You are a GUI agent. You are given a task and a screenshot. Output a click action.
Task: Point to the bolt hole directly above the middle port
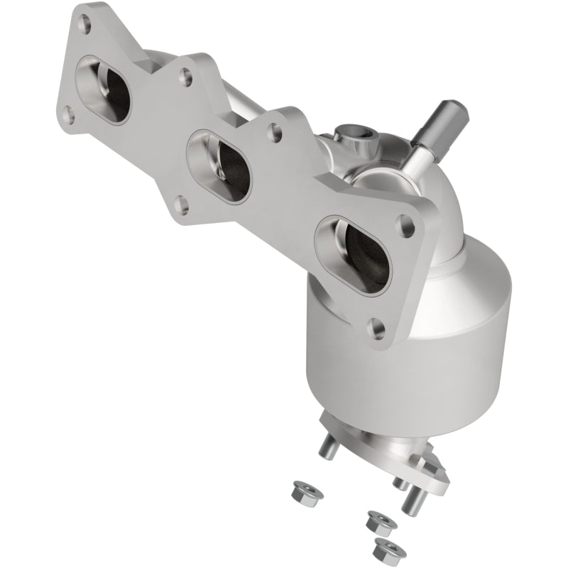click(x=186, y=77)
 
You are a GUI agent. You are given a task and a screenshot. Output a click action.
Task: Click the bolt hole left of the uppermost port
click(x=69, y=114)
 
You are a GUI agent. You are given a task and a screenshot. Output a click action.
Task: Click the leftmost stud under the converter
click(x=328, y=447)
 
